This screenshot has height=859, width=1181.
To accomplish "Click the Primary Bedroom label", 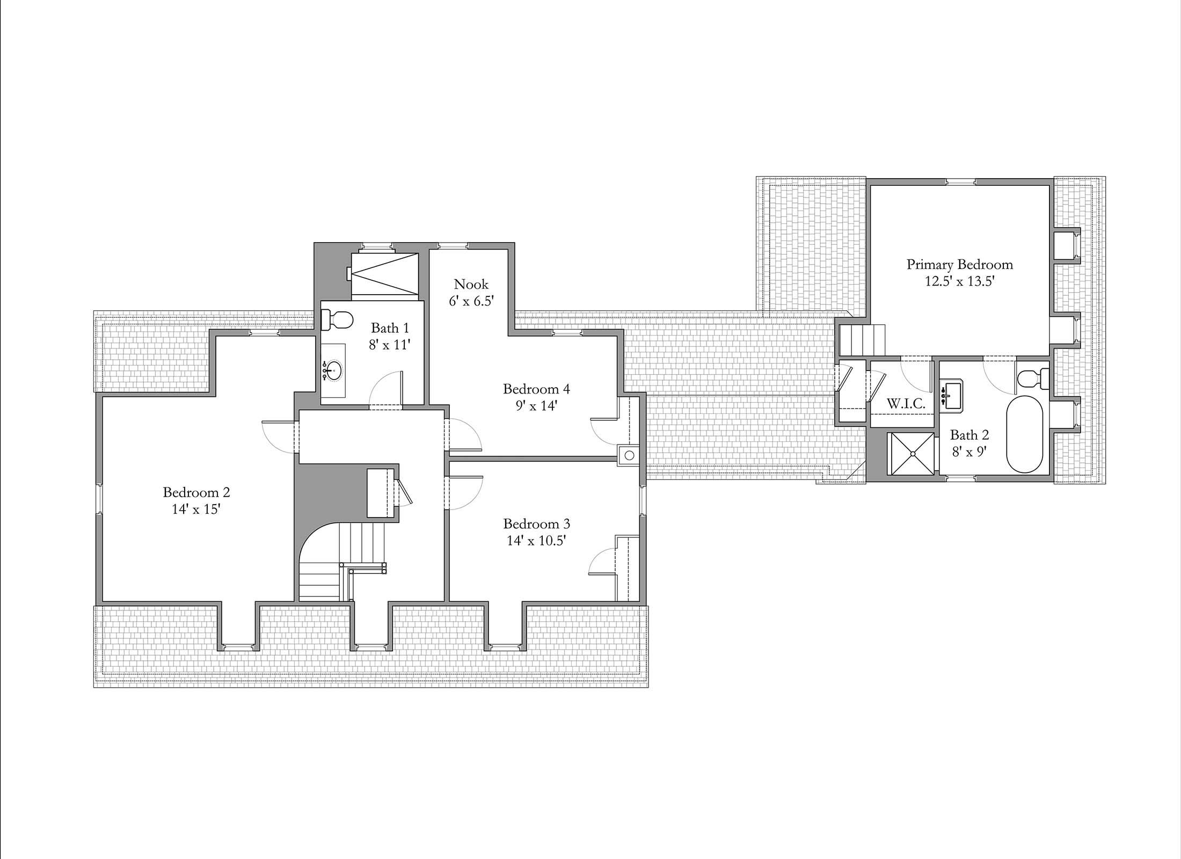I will pos(959,265).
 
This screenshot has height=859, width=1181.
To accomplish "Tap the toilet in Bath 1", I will pos(337,321).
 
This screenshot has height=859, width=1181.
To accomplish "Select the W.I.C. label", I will pos(906,404).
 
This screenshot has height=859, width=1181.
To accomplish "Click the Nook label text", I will pos(471,284).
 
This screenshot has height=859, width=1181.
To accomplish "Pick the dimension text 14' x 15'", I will pos(196,509).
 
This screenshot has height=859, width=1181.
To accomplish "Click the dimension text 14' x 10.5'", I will pos(536,541).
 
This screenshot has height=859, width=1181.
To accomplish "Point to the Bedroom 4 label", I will pos(536,388).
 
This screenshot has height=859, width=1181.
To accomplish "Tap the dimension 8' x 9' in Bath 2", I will pos(969,452).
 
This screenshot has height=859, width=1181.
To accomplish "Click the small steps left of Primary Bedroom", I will pos(862,339).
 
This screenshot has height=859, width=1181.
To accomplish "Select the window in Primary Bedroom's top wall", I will pos(961,182).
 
